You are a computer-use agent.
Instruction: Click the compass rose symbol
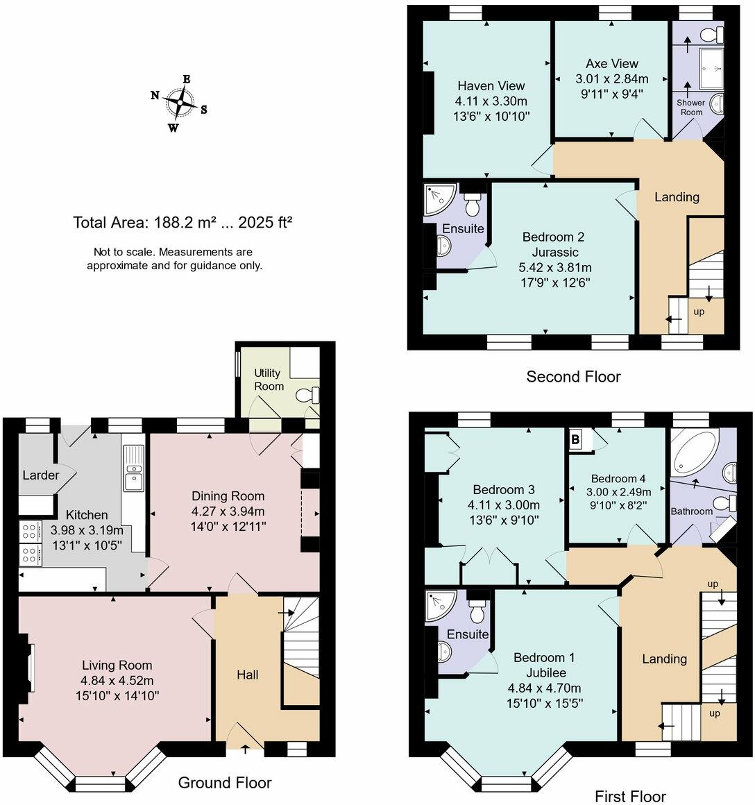coord(180,103)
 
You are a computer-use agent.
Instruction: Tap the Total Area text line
coord(183,223)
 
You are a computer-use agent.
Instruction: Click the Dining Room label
coord(228,495)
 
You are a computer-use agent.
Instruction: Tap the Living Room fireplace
coord(28,666)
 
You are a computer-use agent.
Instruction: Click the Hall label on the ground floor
coord(248,675)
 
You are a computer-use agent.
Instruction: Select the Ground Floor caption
coord(225,783)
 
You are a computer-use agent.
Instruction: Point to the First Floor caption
coord(630,796)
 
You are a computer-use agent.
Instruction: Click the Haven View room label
coord(491,86)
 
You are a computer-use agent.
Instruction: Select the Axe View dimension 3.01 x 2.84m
coord(611,78)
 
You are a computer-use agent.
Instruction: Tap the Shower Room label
coord(690,108)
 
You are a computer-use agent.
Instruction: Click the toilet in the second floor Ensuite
coord(473,203)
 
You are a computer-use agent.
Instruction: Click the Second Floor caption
coord(573,377)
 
